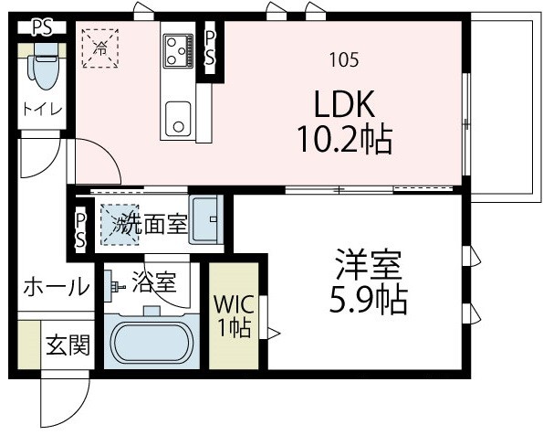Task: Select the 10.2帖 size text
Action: [x=343, y=140]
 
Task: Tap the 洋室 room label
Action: [x=365, y=266]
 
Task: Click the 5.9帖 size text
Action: [x=365, y=299]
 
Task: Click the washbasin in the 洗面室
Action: [x=205, y=218]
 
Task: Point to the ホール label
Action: [x=56, y=286]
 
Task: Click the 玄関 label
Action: [x=67, y=345]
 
